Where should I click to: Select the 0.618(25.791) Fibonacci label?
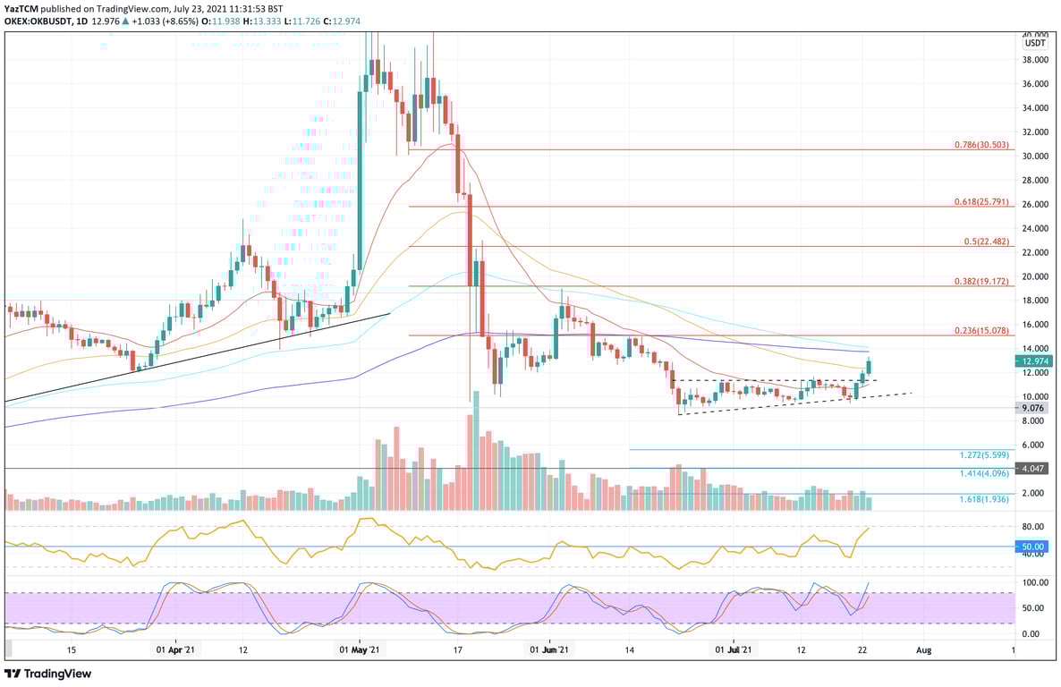tap(981, 202)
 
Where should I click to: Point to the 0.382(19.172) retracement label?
tap(981, 281)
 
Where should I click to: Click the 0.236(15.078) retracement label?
tap(981, 330)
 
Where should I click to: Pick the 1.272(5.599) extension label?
tap(984, 455)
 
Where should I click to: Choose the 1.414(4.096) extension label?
tap(984, 474)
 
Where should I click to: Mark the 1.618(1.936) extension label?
tap(984, 499)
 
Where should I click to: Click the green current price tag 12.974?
tap(1036, 361)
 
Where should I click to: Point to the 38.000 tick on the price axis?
tap(1036, 60)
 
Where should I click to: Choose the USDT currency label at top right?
tap(1035, 42)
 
